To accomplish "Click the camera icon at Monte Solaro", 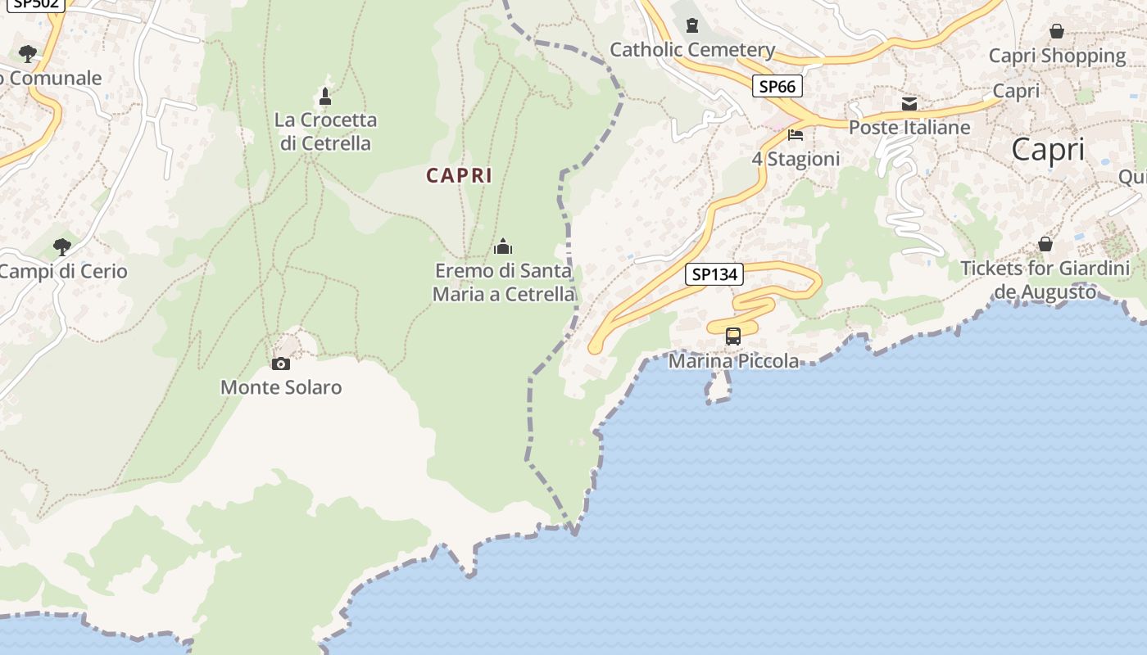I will point(281,364).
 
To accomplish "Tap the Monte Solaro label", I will point(281,387).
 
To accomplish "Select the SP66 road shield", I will point(777,86).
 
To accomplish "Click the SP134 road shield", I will point(714,274).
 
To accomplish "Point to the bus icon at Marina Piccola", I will point(733,336).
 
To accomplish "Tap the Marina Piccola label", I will point(734,361).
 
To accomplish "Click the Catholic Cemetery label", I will point(692,50).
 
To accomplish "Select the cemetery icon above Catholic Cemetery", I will point(692,25).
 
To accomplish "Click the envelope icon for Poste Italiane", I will point(909,104).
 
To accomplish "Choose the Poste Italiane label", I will point(909,128).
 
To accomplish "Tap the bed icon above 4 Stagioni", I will point(796,134).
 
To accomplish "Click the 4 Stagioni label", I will point(796,159).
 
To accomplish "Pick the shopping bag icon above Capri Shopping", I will point(1057,31).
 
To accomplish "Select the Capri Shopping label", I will point(1057,56).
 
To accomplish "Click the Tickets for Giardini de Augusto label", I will point(1045,280).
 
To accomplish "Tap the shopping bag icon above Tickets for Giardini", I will point(1045,244).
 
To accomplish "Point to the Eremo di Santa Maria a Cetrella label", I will point(504,282).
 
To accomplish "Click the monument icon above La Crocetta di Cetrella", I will point(325,97).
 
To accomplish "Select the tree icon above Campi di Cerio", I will point(62,246).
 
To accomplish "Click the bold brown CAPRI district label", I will point(459,175).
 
